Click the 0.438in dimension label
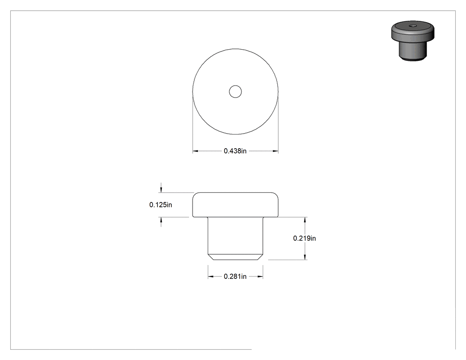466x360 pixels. [235, 151]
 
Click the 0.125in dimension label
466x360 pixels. [161, 205]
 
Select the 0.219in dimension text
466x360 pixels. [304, 238]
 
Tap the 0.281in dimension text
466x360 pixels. [235, 277]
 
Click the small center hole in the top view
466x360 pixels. [235, 91]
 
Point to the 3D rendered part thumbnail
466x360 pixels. [413, 41]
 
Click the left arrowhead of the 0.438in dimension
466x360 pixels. [195, 151]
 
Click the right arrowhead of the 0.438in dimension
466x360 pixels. [276, 151]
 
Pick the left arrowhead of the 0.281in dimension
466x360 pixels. [211, 277]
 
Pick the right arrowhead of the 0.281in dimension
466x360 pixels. [260, 277]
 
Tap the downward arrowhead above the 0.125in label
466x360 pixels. [161, 190]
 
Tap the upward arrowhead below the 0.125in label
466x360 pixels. [161, 220]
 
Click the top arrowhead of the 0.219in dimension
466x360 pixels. [305, 220]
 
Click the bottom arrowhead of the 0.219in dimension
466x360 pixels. [305, 257]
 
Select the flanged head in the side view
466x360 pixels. [235, 205]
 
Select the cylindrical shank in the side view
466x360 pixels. [235, 235]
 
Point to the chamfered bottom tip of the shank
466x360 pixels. [235, 257]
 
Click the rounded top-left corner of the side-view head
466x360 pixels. [195, 194]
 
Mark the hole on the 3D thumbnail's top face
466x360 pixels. [412, 26]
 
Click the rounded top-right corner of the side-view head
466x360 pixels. [276, 194]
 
